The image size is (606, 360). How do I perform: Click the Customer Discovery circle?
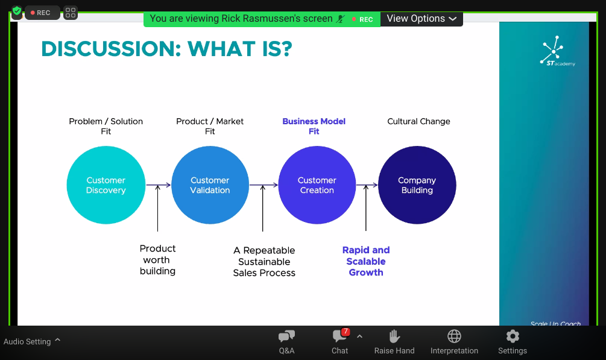pos(106,185)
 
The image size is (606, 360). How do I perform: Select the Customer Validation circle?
pos(210,185)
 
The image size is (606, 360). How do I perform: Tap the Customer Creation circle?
pos(317,185)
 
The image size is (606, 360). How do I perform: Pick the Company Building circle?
pos(417,185)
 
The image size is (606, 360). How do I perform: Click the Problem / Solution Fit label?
pos(106,126)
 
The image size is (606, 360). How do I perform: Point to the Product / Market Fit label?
pos(210,126)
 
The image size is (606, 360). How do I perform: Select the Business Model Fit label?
pos(314,126)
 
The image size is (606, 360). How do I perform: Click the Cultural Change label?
pos(418,121)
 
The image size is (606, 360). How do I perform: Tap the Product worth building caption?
pos(157,259)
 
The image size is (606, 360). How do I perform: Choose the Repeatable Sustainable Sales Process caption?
pos(264,261)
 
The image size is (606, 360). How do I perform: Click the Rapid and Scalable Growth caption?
pos(366,261)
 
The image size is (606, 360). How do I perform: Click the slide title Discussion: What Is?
pos(166,49)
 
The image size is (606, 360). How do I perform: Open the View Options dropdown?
pos(421,19)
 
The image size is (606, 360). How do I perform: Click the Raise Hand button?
pos(394,342)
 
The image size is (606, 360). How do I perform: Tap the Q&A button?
pos(287,342)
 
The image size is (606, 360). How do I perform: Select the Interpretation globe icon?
pos(454,336)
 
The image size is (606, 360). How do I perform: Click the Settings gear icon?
pos(513,336)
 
